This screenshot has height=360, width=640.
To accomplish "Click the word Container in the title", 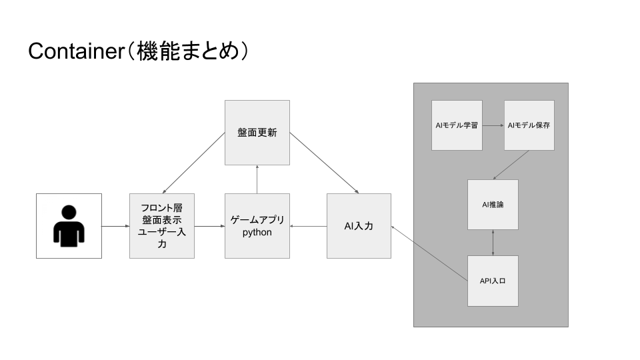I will pos(73,51).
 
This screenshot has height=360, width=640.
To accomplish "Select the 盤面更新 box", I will pos(257,133).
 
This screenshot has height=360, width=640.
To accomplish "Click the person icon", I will pos(69,226).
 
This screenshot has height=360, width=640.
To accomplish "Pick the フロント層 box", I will pos(162,226).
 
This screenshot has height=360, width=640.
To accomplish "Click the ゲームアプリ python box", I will pos(257,226).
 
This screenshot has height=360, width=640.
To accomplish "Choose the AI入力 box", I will pos(359,226).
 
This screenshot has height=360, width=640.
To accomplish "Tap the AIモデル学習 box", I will pos(457,125).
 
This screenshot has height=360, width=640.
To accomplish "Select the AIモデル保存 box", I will pos(529,125).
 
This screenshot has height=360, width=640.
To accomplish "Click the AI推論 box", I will pos(493,205).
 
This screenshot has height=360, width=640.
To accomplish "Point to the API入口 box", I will pos(493,281).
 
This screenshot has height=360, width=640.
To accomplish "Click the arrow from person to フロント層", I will pos(115,227).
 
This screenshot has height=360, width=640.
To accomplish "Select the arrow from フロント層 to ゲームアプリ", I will pos(209,227).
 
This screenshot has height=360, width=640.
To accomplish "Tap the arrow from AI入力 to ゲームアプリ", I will pos(308,227).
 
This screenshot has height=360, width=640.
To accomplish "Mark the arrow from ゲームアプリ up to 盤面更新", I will pos(257,179).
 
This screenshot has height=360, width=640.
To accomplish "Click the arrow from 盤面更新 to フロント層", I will pos(193,163).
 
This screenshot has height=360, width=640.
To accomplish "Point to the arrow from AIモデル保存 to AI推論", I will pos(511,165).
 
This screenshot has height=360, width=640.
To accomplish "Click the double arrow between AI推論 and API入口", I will pos(493,243).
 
